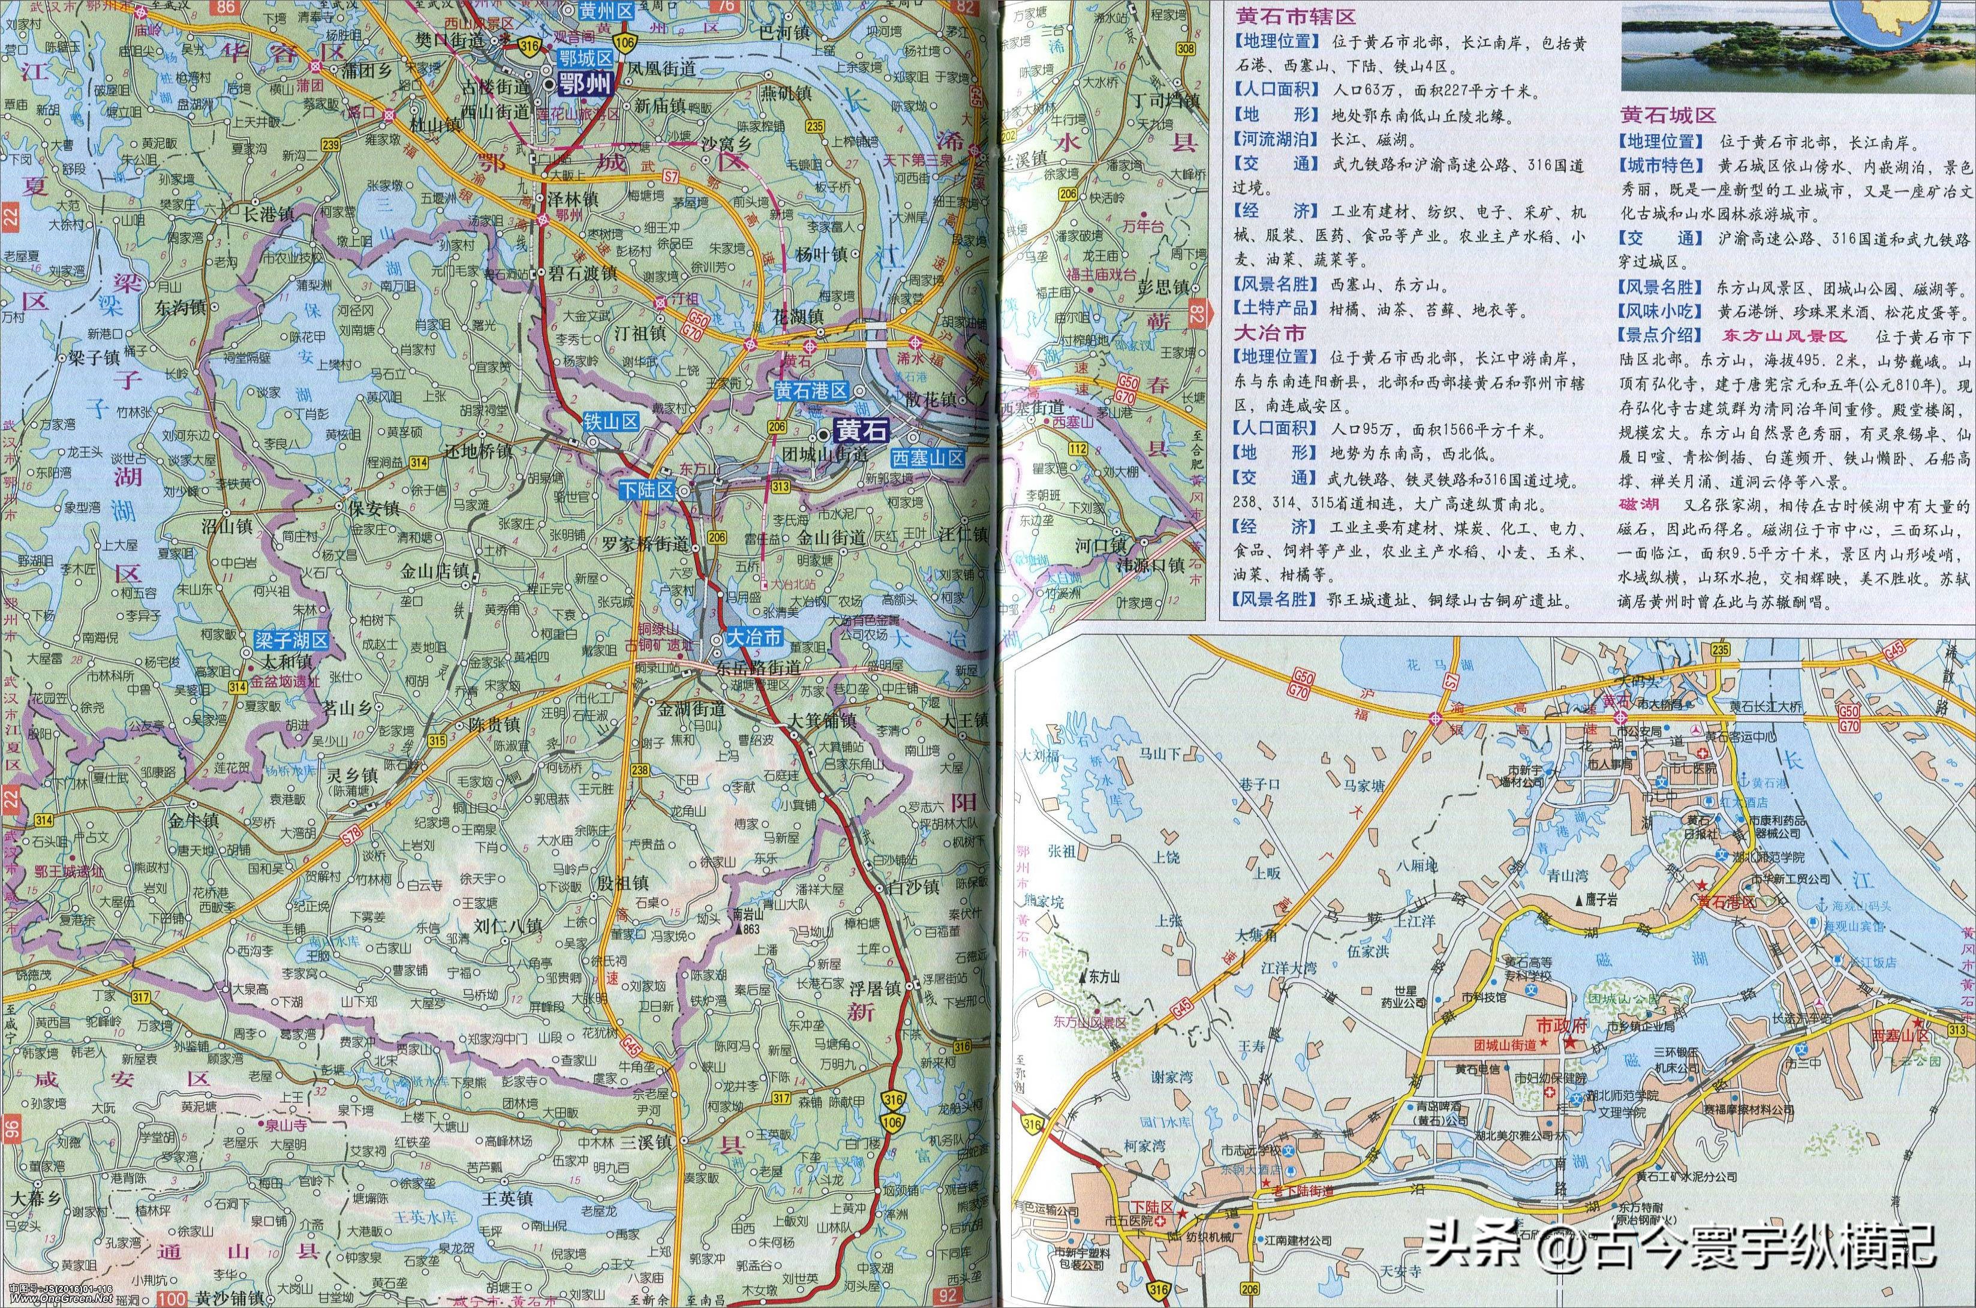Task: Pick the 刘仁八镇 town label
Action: [509, 924]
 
